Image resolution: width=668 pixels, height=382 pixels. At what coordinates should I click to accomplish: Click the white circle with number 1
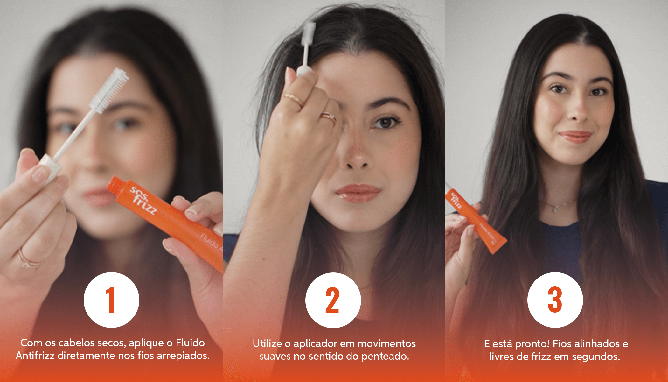tap(111, 300)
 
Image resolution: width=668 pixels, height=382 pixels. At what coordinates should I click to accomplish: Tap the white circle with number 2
tap(333, 300)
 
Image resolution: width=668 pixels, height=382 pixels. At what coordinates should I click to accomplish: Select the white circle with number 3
tap(555, 300)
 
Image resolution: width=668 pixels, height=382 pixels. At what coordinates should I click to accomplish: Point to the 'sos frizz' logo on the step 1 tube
tap(143, 200)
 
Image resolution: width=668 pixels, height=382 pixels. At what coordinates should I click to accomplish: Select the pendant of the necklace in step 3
tap(555, 209)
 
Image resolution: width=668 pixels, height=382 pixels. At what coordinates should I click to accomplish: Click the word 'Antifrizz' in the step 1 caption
tap(35, 355)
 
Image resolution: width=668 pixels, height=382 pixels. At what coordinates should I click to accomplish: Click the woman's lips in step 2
tap(358, 192)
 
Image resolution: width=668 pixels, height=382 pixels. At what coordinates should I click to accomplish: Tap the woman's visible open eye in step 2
tap(386, 122)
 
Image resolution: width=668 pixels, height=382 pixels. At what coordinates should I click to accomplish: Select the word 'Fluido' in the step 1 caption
tap(190, 343)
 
